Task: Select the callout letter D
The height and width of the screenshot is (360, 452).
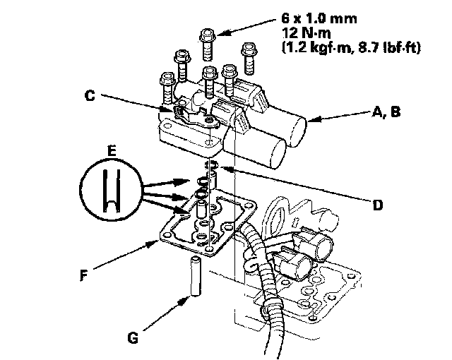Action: (x=378, y=205)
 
